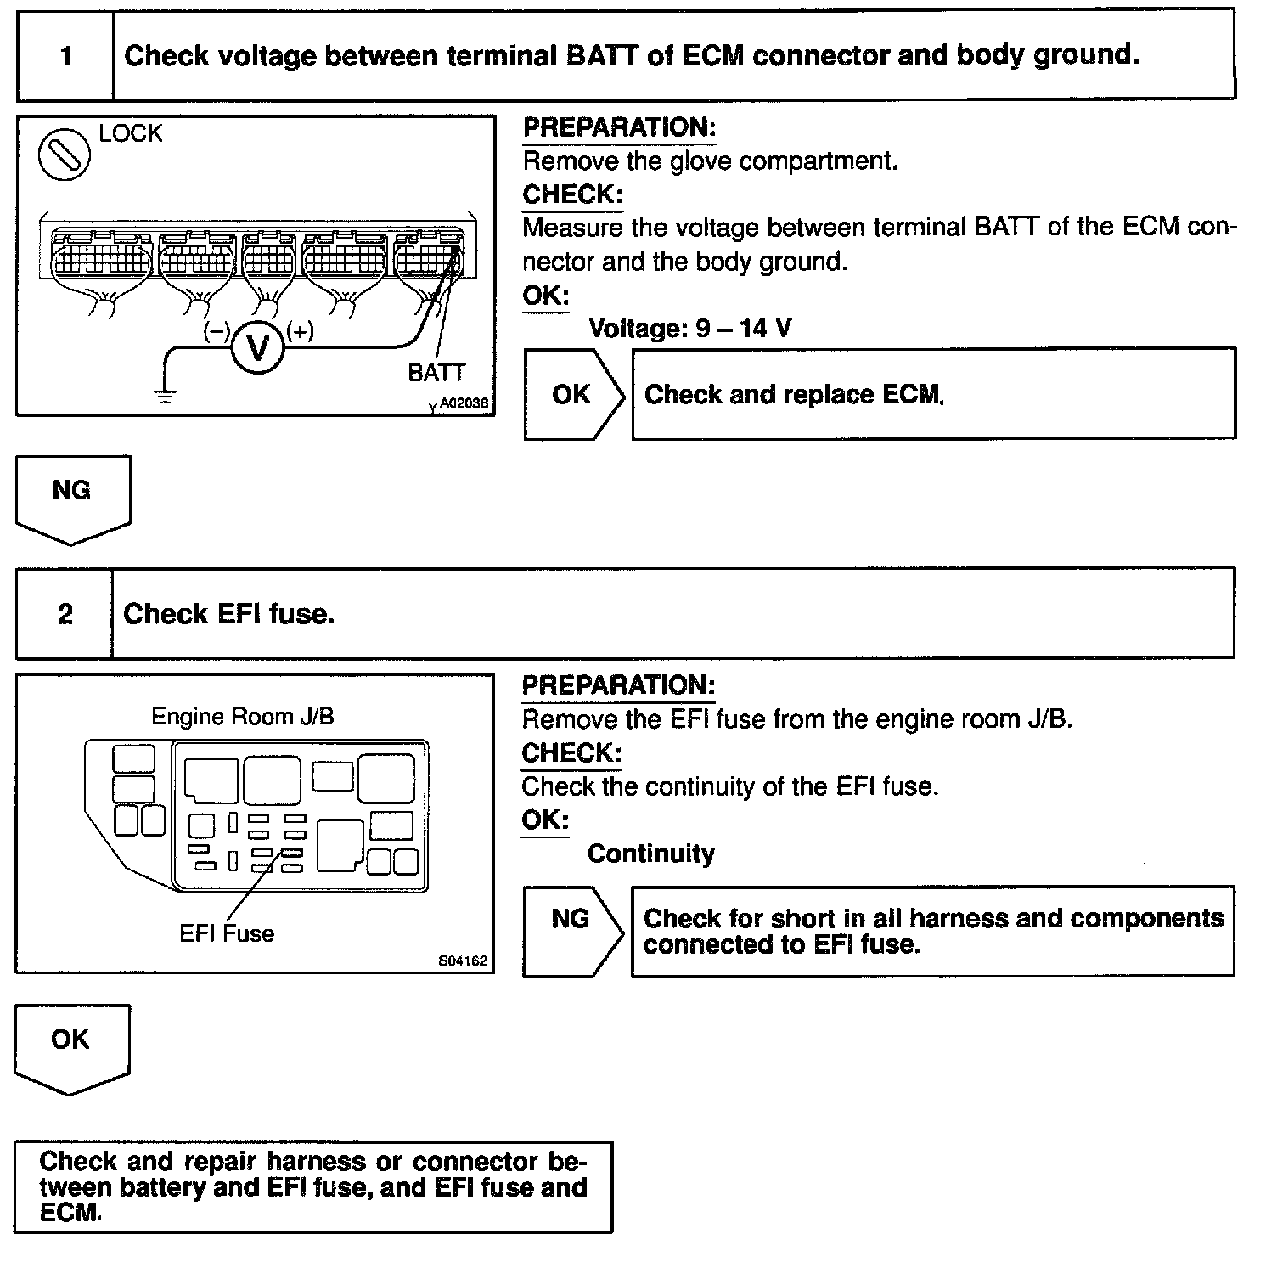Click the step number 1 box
[65, 57]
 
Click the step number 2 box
[65, 614]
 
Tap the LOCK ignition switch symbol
[65, 154]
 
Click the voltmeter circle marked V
[256, 348]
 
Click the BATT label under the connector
[436, 373]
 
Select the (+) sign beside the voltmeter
[300, 330]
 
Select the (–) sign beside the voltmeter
[217, 331]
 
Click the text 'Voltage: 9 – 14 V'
[689, 328]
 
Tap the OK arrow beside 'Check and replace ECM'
[572, 394]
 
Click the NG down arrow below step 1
[73, 498]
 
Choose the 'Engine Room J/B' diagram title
[243, 716]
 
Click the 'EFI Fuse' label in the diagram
[227, 933]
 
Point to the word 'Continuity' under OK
[651, 854]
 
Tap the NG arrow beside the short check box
[571, 930]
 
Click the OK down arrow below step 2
[71, 1047]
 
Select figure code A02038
[464, 404]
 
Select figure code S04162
[463, 961]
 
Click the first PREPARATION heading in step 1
[619, 127]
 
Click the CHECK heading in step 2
[571, 752]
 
